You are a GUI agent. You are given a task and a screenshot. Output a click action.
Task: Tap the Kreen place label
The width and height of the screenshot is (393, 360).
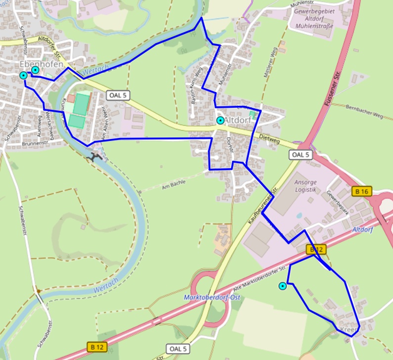(349, 329)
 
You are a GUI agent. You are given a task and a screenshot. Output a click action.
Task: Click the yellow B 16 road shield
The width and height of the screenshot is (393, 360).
(361, 191)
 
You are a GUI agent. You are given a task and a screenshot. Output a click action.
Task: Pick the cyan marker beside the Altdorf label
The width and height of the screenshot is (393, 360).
(220, 120)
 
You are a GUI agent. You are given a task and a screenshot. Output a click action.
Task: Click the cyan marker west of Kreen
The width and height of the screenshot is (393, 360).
(282, 286)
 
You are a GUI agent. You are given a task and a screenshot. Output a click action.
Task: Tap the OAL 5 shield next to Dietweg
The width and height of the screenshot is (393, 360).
(300, 155)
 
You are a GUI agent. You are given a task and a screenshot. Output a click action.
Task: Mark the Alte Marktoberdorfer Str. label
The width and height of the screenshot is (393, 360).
(259, 278)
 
